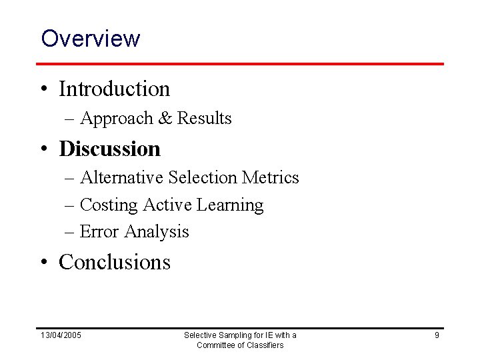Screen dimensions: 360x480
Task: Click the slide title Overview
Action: pyautogui.click(x=90, y=38)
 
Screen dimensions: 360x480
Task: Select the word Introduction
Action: pyautogui.click(x=115, y=88)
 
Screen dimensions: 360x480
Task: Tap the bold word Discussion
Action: pyautogui.click(x=110, y=148)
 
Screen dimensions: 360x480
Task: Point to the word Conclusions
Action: pyautogui.click(x=115, y=262)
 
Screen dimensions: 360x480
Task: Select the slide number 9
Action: pyautogui.click(x=437, y=335)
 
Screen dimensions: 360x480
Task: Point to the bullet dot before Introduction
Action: pyautogui.click(x=45, y=89)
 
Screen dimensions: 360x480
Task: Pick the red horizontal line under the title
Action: pyautogui.click(x=240, y=64)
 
